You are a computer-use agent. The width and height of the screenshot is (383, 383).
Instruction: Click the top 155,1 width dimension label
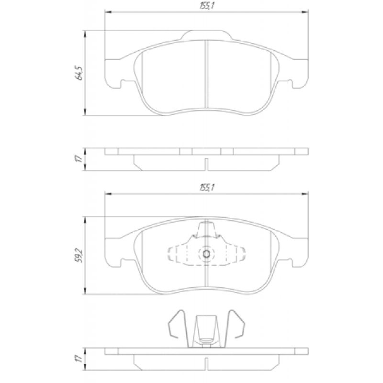(x=207, y=6)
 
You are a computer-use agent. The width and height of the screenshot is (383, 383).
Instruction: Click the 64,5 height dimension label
(x=79, y=73)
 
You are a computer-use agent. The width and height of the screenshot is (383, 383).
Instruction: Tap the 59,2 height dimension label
(x=79, y=256)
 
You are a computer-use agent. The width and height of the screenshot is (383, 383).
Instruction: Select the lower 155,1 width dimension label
(x=207, y=188)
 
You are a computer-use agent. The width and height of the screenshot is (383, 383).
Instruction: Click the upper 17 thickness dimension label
(x=79, y=159)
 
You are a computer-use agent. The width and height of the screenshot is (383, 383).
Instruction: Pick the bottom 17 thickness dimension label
(x=79, y=359)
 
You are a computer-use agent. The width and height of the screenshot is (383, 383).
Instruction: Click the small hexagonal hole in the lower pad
(x=206, y=254)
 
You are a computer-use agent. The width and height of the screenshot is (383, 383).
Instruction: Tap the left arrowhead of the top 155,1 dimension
(x=108, y=11)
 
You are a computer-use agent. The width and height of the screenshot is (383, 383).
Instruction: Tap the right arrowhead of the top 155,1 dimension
(x=305, y=11)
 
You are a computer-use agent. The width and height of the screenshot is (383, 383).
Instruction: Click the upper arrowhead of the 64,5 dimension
(x=85, y=34)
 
